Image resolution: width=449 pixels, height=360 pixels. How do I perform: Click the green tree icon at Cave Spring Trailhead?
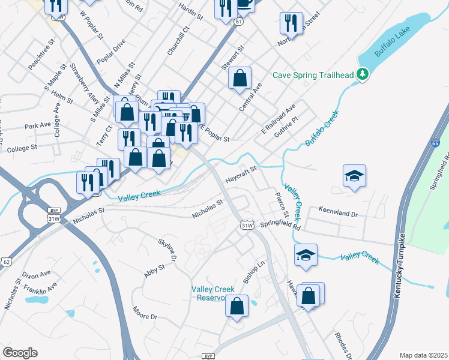coord(362,74)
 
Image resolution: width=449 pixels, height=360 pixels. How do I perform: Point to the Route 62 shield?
coord(6,262)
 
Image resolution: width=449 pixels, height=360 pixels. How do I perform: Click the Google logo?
coord(20,353)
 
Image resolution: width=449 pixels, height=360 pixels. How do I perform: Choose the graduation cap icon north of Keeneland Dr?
coord(354,176)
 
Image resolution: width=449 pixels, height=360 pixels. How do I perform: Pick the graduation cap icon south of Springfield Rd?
coord(306,255)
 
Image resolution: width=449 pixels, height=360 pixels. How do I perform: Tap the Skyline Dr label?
coord(167,249)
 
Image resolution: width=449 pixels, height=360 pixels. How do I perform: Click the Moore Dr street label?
coord(145,313)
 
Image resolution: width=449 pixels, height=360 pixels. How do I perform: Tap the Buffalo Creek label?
coord(322,128)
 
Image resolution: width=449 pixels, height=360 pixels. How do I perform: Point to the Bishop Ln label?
coord(253,273)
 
